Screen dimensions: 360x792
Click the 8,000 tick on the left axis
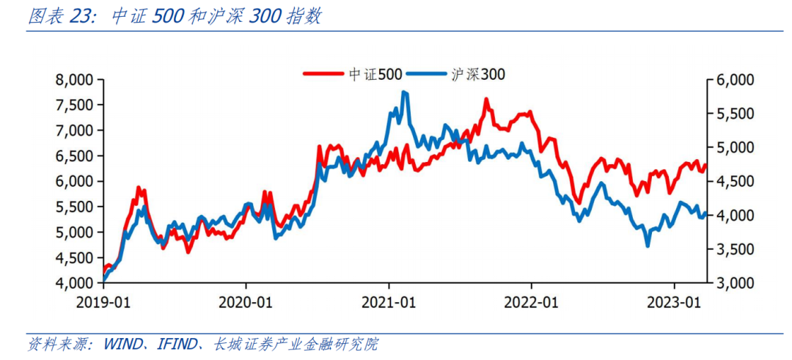75,80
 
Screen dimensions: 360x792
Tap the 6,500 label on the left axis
75,156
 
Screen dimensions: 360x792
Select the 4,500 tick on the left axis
75,257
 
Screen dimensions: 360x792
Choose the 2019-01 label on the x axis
103,301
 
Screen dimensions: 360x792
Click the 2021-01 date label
389,301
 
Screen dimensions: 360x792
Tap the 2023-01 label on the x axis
675,301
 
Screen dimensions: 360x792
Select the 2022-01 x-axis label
532,301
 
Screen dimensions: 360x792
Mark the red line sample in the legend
322,73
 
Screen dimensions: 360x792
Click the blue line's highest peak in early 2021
404,92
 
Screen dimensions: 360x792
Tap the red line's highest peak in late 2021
485,99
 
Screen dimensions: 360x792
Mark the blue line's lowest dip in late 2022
647,245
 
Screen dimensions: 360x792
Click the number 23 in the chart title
78,17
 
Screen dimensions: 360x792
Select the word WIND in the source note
125,343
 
